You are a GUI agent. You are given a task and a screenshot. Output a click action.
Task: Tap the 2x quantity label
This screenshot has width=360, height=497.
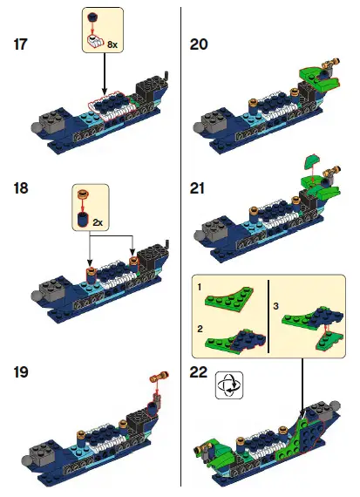click(98, 222)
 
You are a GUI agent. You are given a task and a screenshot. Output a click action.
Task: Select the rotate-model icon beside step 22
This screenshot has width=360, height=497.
click(229, 384)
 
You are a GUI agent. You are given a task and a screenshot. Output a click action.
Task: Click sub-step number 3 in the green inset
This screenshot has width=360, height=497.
click(276, 306)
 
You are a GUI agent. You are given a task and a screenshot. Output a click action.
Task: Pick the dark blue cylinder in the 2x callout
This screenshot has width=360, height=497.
click(84, 219)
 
